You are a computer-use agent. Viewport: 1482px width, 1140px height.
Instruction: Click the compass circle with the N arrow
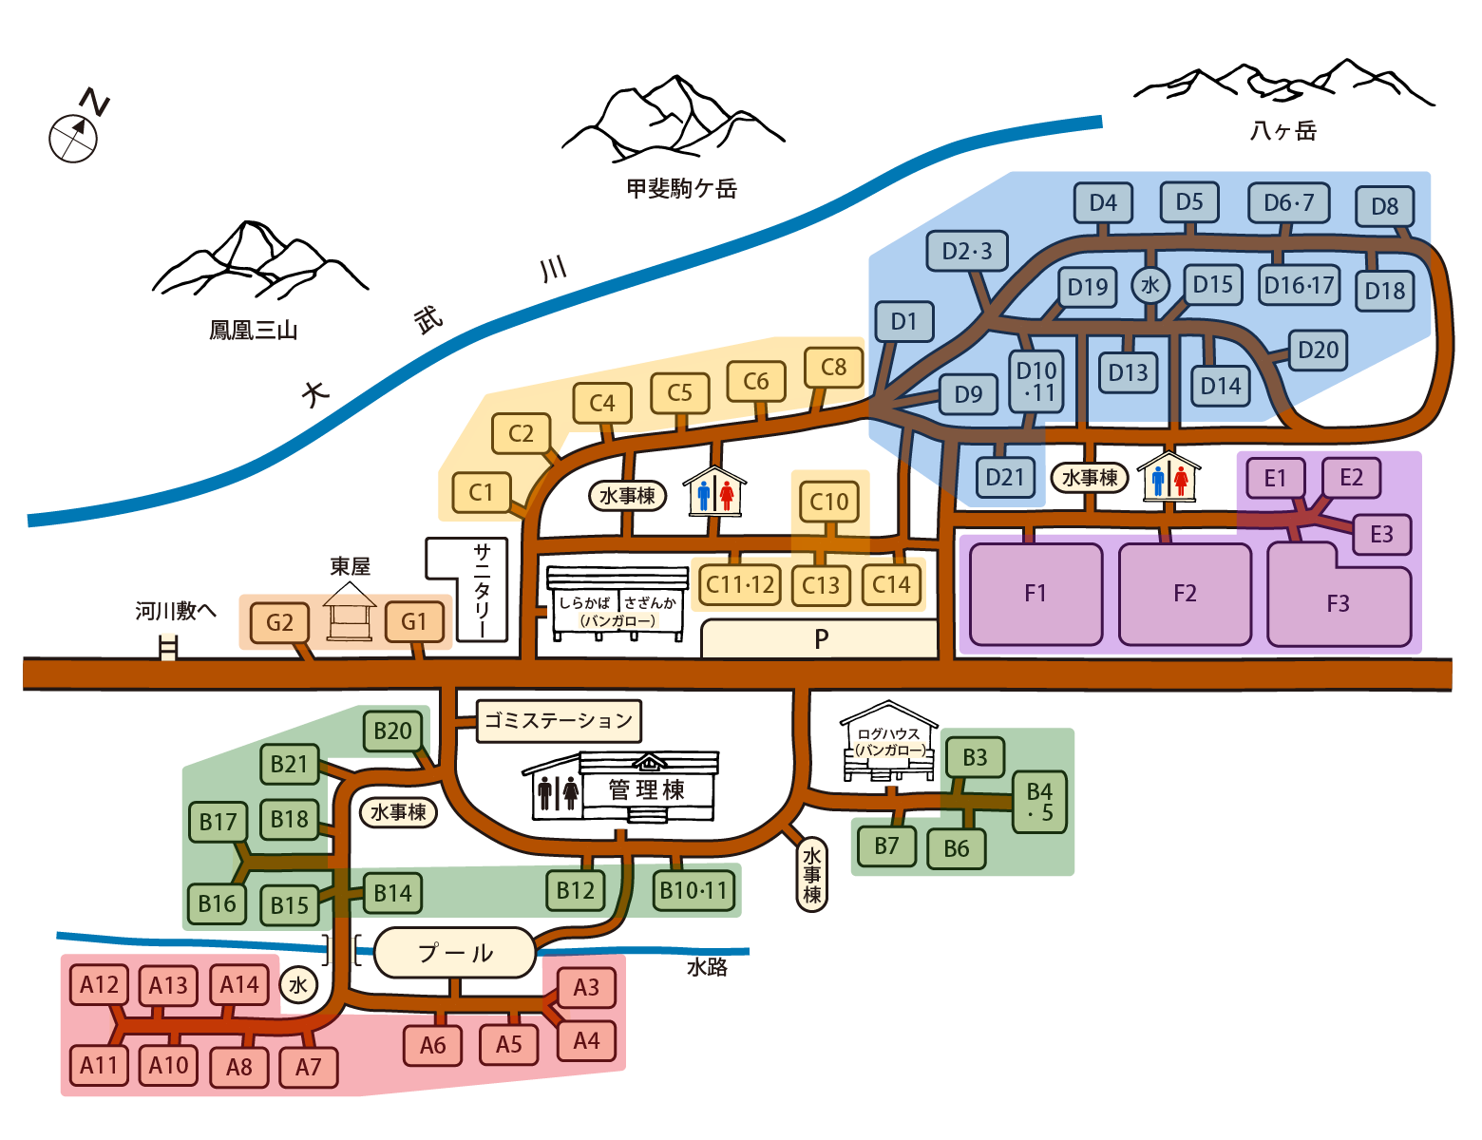73,138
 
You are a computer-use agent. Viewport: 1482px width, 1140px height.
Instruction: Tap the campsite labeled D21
1004,477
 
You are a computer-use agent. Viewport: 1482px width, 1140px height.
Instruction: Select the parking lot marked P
820,639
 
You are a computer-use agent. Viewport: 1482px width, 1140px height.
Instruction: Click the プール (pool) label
455,952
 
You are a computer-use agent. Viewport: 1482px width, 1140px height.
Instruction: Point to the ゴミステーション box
559,720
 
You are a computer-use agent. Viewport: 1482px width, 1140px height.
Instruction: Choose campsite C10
829,502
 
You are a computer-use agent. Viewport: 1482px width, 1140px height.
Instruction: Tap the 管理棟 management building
646,788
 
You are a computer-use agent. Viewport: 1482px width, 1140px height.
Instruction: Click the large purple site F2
1185,594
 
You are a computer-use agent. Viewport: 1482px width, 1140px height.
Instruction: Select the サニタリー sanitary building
481,589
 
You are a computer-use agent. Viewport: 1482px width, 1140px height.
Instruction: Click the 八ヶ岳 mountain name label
1283,131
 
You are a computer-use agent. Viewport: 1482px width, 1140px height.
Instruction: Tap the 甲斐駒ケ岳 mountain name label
682,188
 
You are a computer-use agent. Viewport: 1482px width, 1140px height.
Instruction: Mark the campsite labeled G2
279,623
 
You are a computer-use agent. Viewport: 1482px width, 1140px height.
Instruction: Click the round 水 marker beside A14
298,985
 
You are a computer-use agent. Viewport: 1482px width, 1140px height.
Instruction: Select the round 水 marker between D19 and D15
1149,285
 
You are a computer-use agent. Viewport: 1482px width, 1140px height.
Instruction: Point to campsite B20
392,731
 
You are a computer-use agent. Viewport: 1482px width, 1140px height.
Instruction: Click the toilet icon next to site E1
1169,476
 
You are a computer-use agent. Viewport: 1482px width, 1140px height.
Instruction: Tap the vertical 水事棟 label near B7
811,874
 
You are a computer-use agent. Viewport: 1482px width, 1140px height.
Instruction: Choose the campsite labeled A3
586,988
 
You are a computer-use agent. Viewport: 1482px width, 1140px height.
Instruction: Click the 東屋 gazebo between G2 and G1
349,615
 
